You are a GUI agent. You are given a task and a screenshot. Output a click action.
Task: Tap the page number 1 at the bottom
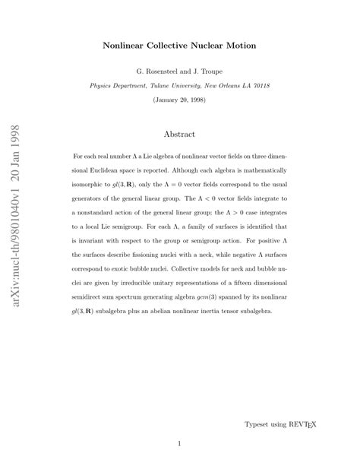180,443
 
